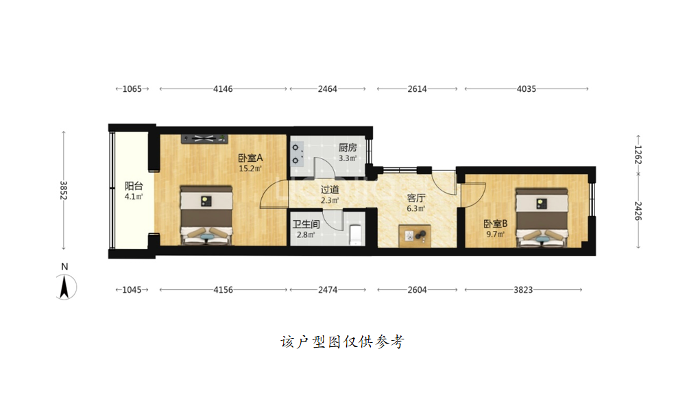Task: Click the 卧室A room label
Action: point(250,158)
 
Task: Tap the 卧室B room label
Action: point(496,224)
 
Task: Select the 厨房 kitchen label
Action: point(348,147)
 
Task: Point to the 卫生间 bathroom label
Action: point(306,224)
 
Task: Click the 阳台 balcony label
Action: point(134,186)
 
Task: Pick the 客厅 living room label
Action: point(415,197)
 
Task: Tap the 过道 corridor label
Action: point(330,190)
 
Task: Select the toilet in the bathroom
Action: point(355,235)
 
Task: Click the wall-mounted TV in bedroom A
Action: point(204,139)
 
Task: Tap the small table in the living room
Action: point(415,236)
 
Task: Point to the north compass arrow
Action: point(64,287)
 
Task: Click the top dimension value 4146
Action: point(223,89)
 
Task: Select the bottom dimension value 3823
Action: point(523,289)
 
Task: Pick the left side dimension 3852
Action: point(63,190)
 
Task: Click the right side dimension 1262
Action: point(638,154)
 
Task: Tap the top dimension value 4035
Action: point(527,89)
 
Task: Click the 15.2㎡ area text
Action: point(250,168)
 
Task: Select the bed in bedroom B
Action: point(542,217)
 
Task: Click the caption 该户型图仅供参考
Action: point(342,342)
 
